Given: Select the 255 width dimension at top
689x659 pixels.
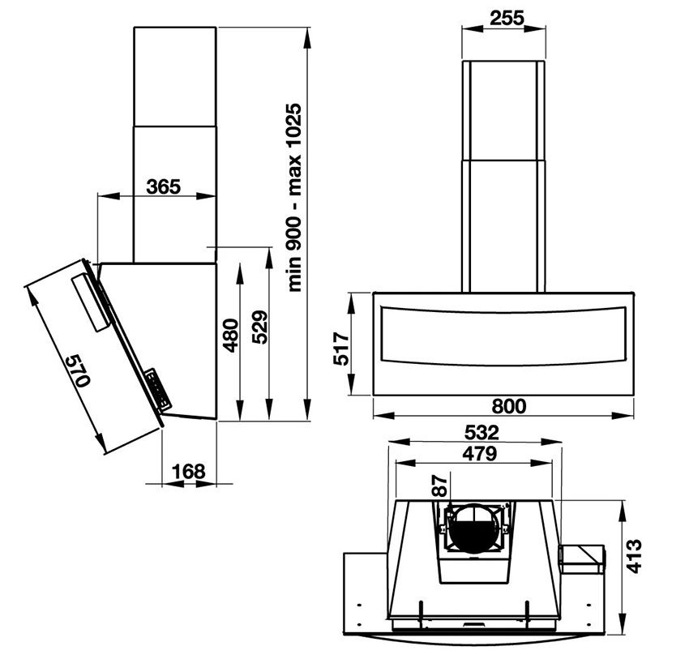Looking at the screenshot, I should [x=503, y=17].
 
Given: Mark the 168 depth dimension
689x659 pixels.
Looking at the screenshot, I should [x=189, y=471].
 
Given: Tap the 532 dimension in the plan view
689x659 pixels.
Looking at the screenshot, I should [x=477, y=433].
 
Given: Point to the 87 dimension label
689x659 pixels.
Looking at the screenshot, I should [x=439, y=487].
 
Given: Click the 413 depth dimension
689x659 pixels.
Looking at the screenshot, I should [x=635, y=556].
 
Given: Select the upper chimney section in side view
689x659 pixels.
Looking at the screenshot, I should [x=174, y=76].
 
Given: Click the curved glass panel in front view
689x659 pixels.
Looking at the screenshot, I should [x=503, y=336].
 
